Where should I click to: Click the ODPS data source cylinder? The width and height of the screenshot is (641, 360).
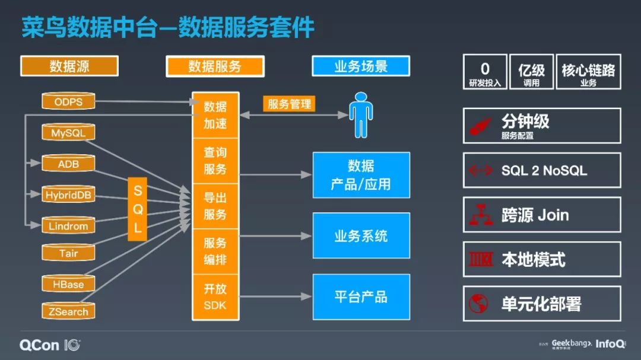click(x=68, y=101)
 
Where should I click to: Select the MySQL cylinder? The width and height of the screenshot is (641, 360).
click(x=68, y=133)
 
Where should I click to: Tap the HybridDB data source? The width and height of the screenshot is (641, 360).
click(x=68, y=195)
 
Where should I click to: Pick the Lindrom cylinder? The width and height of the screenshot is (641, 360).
click(x=68, y=225)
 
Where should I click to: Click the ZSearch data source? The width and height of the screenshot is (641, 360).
click(x=68, y=311)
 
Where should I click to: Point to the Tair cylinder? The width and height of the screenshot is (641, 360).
click(x=68, y=253)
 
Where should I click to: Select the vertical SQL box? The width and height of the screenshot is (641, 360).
click(x=137, y=209)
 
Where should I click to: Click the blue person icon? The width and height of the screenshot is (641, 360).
click(x=361, y=114)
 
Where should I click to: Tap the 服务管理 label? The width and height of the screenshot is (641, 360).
click(x=289, y=104)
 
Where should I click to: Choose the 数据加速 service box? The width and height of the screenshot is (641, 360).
click(x=215, y=115)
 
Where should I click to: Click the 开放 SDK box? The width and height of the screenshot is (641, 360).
click(x=215, y=297)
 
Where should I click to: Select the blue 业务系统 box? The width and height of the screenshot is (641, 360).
click(x=361, y=235)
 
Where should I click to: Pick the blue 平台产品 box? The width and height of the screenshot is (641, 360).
click(x=361, y=297)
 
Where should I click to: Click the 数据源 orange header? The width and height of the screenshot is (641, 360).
click(x=69, y=66)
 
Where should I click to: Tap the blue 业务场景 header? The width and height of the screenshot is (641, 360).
click(x=361, y=66)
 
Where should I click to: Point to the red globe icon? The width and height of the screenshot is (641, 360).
click(x=478, y=304)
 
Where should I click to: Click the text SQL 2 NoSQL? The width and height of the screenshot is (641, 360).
click(x=544, y=171)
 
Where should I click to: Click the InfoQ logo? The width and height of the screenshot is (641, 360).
click(x=610, y=343)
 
